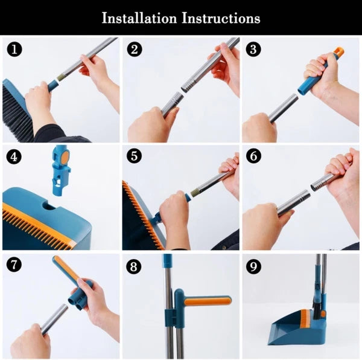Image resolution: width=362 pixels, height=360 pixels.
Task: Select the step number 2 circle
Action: coord(134,49)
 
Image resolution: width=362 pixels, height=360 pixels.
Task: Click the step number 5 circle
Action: coord(134,156)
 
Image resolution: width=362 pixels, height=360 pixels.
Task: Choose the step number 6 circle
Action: coord(253,156)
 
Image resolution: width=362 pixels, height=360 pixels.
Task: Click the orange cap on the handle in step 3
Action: coord(338,53)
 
